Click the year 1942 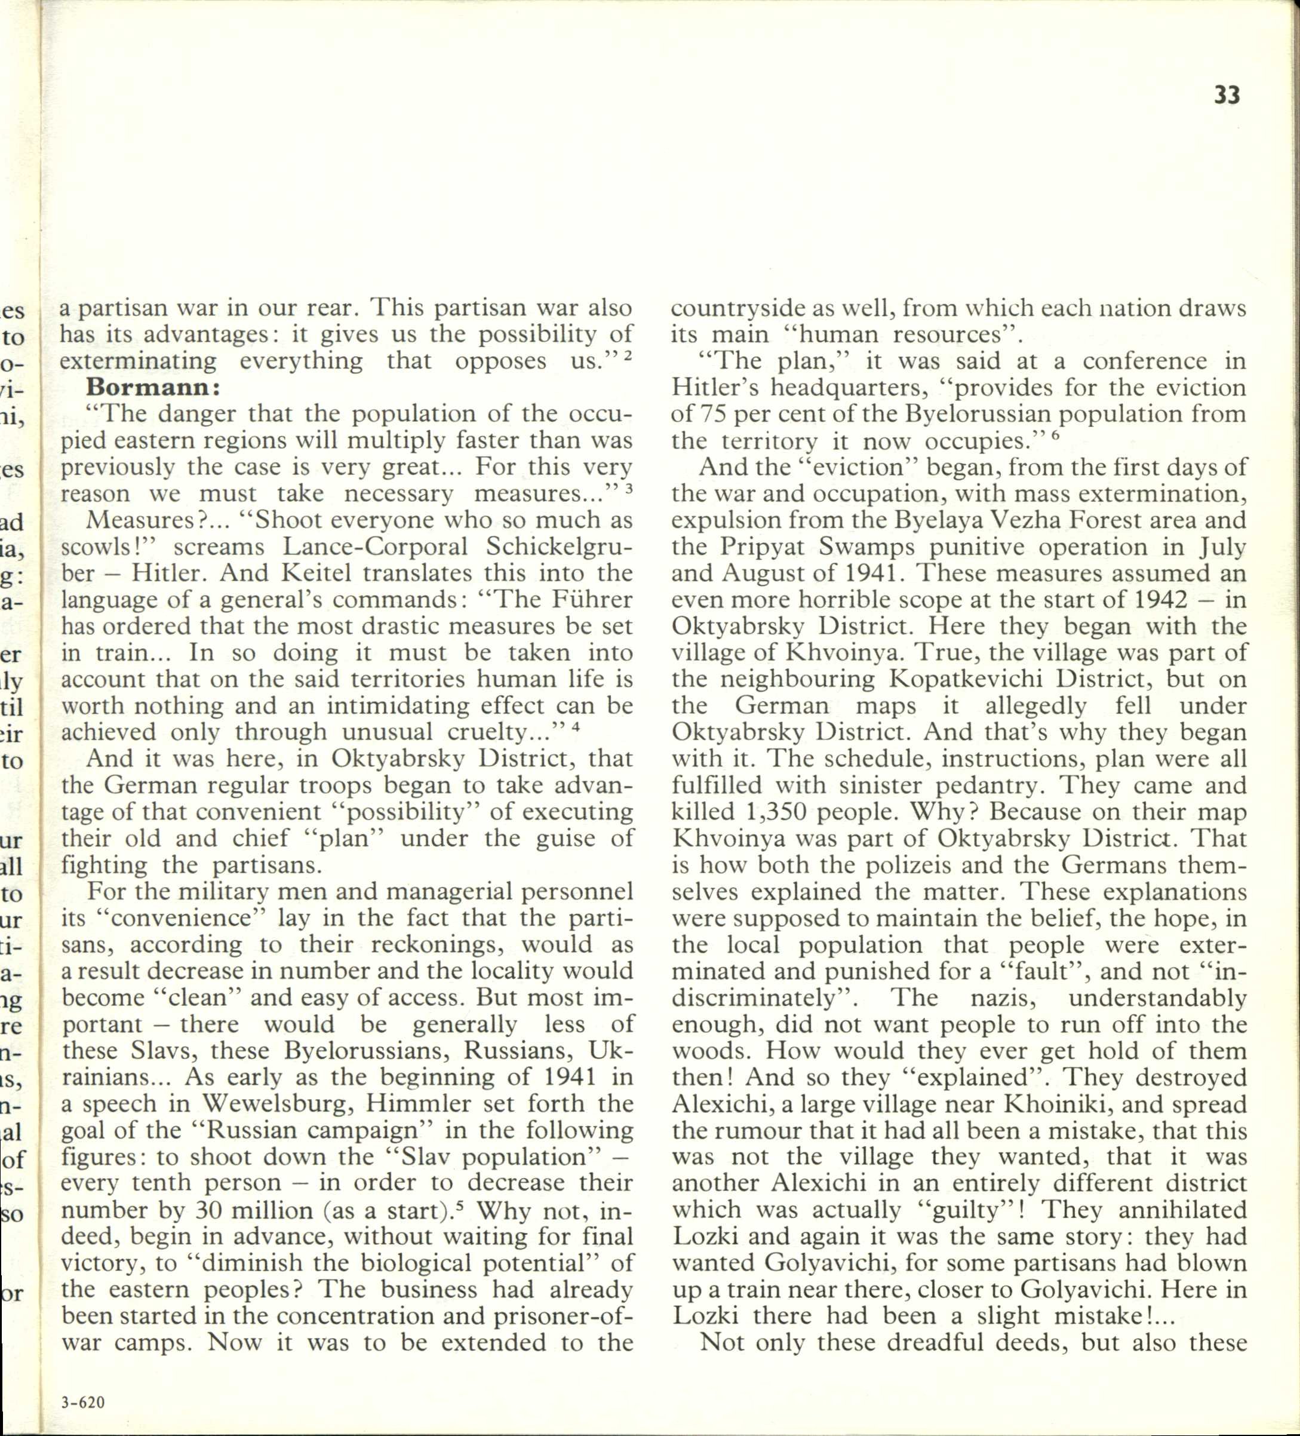coord(1155,600)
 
